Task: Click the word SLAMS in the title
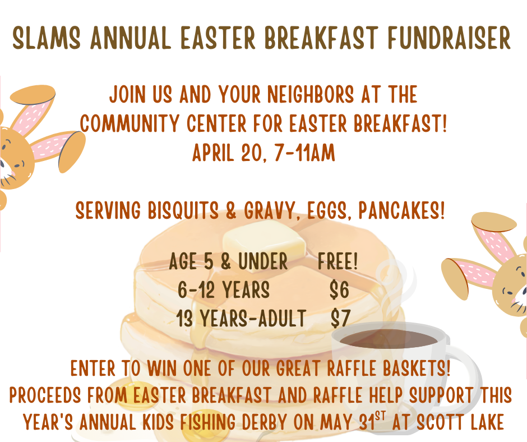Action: [47, 38]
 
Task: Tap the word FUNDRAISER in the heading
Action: [449, 38]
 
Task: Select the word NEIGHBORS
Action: [310, 94]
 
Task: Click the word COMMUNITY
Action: [130, 123]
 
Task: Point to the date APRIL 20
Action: [227, 153]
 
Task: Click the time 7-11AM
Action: [304, 153]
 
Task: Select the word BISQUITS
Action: [183, 211]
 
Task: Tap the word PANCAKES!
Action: [401, 211]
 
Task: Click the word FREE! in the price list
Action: [338, 261]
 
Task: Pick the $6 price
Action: [339, 289]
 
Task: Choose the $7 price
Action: [340, 318]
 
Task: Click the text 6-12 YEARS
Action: [224, 289]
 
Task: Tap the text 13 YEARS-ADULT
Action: [241, 318]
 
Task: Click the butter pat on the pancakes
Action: [264, 241]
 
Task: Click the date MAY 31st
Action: [353, 421]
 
